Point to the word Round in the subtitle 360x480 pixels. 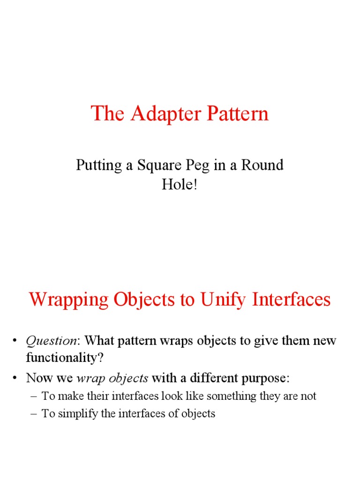(261, 165)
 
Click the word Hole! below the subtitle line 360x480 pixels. (180, 184)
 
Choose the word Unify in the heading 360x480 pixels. (223, 299)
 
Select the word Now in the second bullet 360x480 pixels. (37, 378)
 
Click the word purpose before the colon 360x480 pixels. (268, 378)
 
